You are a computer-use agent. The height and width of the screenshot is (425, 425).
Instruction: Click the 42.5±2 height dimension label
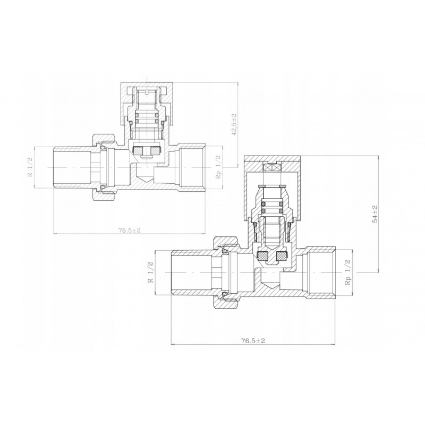234,124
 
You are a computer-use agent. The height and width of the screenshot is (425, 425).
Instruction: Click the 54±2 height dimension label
376,214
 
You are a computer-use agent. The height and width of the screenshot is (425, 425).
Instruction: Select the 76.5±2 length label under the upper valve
129,231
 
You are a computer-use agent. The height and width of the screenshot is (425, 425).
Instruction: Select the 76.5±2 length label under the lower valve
253,341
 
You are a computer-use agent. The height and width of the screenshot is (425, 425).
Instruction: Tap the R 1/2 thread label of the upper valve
30,167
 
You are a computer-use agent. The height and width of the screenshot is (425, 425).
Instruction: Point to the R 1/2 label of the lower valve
150,273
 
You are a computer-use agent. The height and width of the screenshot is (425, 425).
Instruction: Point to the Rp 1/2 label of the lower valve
348,272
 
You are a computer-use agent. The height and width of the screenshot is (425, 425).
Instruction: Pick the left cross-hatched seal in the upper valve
138,150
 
